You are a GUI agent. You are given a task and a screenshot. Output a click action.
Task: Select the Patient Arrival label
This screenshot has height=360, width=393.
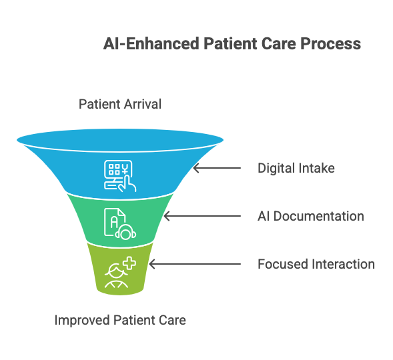[120, 104]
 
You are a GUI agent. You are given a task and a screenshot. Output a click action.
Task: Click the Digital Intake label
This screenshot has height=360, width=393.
[296, 168]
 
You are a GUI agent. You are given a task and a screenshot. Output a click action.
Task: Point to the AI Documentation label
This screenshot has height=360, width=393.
[311, 216]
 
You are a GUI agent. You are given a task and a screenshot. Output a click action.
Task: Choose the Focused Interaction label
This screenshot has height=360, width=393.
[316, 264]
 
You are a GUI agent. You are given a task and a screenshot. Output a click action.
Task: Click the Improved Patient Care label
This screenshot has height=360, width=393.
[120, 320]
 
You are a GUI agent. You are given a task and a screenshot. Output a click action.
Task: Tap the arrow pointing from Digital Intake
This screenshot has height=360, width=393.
[217, 168]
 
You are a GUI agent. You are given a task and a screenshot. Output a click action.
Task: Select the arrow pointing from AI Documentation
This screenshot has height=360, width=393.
[202, 216]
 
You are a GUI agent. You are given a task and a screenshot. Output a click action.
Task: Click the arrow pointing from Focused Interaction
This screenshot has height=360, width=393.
[195, 264]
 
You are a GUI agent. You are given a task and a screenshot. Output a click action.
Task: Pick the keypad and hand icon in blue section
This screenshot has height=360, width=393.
[120, 176]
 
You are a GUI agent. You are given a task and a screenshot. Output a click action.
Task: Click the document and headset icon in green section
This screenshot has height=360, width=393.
[120, 224]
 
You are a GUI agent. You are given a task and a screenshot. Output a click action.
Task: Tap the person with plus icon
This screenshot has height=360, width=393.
[120, 272]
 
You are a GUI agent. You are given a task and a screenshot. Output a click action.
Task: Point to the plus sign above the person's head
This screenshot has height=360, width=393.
[130, 263]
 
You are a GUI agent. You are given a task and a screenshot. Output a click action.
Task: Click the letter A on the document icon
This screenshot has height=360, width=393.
[114, 222]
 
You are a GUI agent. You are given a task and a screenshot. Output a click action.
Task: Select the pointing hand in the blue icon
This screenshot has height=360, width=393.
[127, 184]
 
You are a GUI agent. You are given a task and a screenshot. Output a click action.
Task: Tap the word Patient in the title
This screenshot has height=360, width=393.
[230, 43]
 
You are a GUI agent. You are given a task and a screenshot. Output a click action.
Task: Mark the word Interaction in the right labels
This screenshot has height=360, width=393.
[344, 264]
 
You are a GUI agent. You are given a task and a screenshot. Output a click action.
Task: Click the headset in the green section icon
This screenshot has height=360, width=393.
[125, 232]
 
